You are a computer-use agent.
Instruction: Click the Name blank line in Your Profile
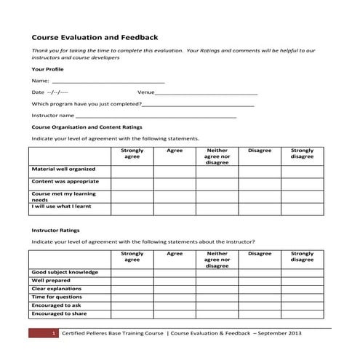pyautogui.click(x=108, y=81)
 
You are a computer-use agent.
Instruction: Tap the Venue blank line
pyautogui.click(x=207, y=93)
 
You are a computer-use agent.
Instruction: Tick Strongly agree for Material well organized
pyautogui.click(x=132, y=171)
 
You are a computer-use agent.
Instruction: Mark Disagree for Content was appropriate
pyautogui.click(x=260, y=183)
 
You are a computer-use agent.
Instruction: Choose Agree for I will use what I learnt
pyautogui.click(x=175, y=208)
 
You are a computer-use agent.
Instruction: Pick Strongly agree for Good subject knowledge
pyautogui.click(x=132, y=273)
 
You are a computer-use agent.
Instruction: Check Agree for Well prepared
pyautogui.click(x=175, y=281)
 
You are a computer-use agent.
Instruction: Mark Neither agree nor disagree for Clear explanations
pyautogui.click(x=217, y=289)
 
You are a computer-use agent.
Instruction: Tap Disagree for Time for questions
pyautogui.click(x=260, y=297)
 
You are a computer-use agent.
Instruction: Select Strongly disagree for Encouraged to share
pyautogui.click(x=303, y=314)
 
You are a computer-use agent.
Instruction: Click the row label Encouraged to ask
pyautogui.click(x=59, y=305)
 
